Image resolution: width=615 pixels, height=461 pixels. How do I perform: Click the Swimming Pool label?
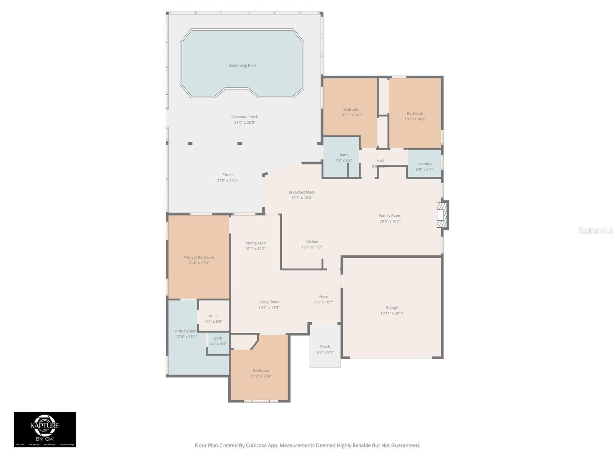click(x=242, y=65)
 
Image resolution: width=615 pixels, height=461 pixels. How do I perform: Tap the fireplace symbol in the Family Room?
click(x=442, y=215)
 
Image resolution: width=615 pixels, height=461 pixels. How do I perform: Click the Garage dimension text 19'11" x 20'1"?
click(x=392, y=313)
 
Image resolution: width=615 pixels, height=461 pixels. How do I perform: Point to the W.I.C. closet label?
click(x=214, y=316)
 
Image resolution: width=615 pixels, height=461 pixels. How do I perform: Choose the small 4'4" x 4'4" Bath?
click(x=218, y=341)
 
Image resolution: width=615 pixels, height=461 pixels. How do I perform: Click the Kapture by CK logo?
click(x=45, y=429)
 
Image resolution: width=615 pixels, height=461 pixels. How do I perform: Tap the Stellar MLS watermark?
click(x=596, y=230)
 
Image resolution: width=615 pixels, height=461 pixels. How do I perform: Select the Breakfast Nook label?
click(x=302, y=192)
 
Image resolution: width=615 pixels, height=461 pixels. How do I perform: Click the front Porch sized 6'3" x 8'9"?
click(x=325, y=349)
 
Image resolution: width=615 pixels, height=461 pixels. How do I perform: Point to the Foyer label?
click(x=324, y=297)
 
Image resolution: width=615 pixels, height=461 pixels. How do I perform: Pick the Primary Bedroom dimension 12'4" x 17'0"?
click(x=198, y=263)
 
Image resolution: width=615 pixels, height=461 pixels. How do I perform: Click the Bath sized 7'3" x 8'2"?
click(x=343, y=158)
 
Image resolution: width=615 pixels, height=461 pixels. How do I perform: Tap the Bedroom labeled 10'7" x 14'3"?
click(x=415, y=116)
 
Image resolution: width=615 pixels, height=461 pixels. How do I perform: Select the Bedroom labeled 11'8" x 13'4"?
click(x=261, y=373)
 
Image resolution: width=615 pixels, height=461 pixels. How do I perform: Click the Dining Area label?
click(x=255, y=243)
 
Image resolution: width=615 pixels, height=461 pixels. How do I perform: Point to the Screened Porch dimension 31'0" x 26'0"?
click(x=244, y=123)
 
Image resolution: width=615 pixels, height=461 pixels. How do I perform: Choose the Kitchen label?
click(x=312, y=242)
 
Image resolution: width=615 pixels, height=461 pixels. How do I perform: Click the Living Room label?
click(x=269, y=302)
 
